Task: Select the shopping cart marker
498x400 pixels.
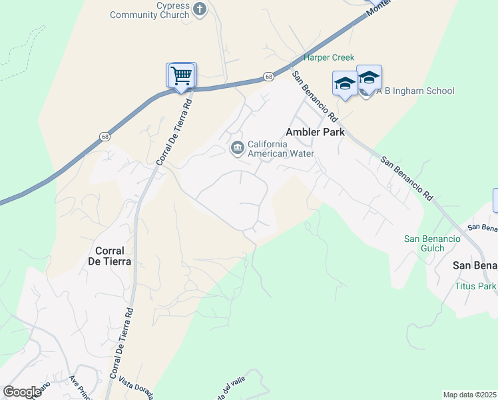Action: pos(180,75)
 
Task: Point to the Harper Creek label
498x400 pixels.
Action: pos(329,58)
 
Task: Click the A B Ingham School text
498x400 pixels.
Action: pos(415,91)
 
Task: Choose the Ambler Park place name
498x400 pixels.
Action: pos(316,132)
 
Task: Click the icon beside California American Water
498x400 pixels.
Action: pos(236,148)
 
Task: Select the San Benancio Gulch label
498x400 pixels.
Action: pos(432,244)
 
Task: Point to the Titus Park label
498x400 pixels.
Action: pos(475,286)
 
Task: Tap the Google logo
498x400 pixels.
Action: pos(22,392)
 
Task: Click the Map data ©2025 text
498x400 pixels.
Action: pos(469,395)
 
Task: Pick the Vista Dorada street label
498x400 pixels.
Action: pos(136,389)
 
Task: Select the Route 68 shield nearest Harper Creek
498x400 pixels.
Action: pos(268,77)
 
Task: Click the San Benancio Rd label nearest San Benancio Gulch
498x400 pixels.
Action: pos(407,178)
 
